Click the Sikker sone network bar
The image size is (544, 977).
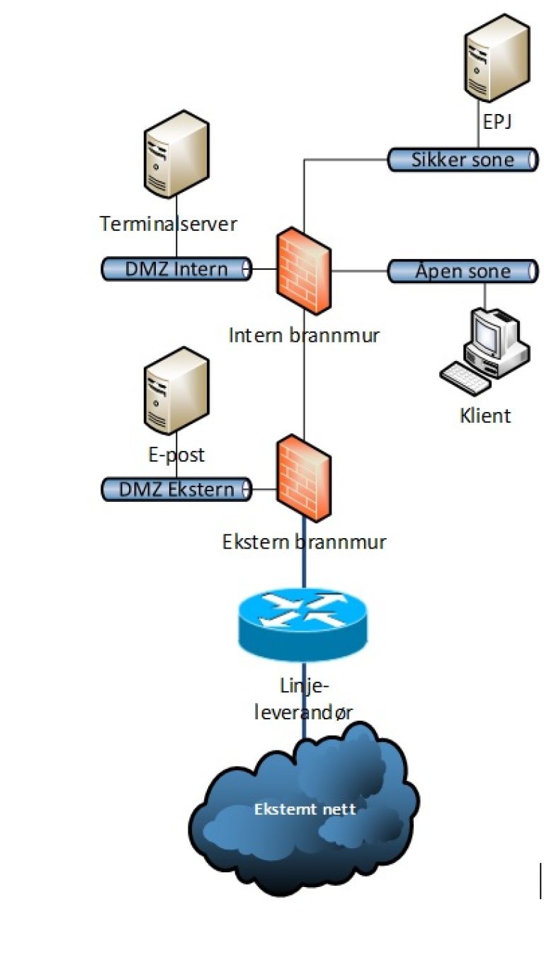click(461, 160)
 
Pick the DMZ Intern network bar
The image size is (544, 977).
click(176, 269)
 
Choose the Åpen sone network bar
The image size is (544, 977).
click(461, 271)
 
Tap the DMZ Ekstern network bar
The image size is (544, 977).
click(176, 489)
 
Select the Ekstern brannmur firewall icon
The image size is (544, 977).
click(303, 479)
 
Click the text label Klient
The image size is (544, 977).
click(485, 415)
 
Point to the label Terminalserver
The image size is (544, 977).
click(169, 224)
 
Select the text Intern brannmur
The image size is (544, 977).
click(304, 335)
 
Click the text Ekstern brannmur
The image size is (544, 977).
click(304, 542)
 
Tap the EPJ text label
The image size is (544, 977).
click(497, 122)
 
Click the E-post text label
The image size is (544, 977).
click(176, 454)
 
